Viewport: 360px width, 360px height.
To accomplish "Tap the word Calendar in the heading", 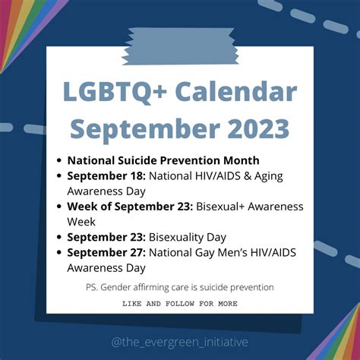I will click(x=235, y=93).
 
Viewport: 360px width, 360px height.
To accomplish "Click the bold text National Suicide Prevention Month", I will click(x=163, y=160).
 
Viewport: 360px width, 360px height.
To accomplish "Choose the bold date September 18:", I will click(x=106, y=176).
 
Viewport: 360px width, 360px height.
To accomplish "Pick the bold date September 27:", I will click(x=106, y=252).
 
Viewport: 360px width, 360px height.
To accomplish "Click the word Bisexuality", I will click(x=177, y=237).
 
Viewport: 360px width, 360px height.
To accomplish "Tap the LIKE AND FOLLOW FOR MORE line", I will click(x=180, y=303).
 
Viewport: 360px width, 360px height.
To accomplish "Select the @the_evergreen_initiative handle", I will click(x=180, y=342).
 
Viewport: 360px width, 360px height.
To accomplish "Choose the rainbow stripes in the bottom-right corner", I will click(x=338, y=334).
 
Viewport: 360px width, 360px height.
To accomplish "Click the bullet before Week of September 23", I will click(x=59, y=207).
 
